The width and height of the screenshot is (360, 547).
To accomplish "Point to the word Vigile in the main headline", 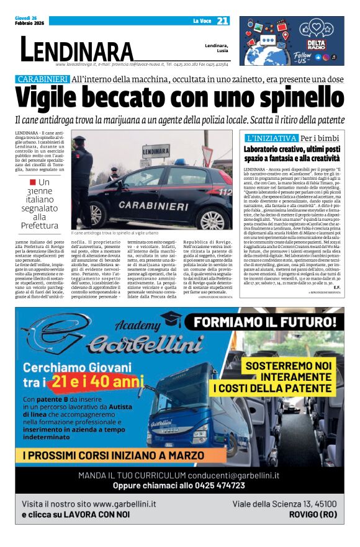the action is [53, 98].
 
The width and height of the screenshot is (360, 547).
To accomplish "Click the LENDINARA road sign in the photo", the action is [156, 150].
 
